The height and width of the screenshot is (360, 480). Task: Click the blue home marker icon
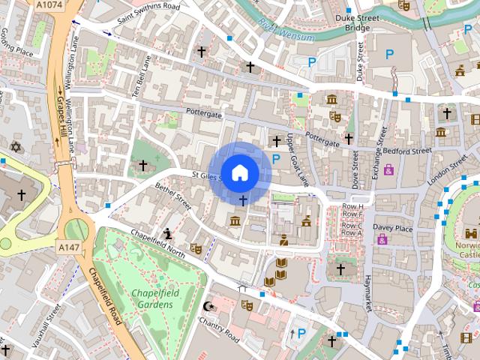pyautogui.click(x=239, y=172)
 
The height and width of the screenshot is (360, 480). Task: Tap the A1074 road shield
pyautogui.click(x=49, y=5)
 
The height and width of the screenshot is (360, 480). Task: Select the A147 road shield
pyautogui.click(x=68, y=245)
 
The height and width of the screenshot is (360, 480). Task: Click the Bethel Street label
pyautogui.click(x=173, y=193)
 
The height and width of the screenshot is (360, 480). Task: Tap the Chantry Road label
pyautogui.click(x=217, y=325)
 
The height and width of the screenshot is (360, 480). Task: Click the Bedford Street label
pyautogui.click(x=408, y=151)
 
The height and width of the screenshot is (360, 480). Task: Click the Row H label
pyautogui.click(x=352, y=206)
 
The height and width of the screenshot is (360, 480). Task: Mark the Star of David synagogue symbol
pyautogui.click(x=15, y=145)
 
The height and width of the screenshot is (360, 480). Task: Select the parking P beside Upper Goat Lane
pyautogui.click(x=277, y=158)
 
